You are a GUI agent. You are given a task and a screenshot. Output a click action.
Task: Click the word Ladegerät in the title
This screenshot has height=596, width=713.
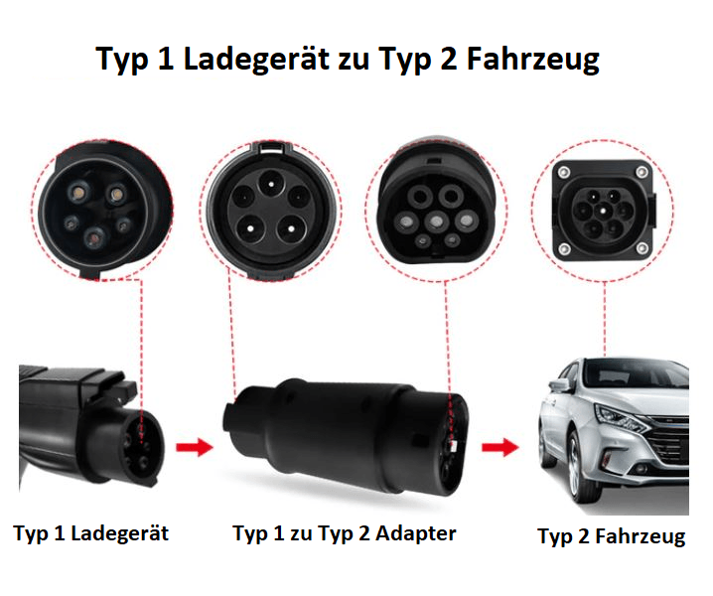(256, 60)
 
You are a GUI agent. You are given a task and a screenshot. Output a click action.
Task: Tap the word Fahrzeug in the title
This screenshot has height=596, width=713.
(533, 60)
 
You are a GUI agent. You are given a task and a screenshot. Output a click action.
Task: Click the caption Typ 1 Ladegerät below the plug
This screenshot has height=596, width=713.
(91, 534)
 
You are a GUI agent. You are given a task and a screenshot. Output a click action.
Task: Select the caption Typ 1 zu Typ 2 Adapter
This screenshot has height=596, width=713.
(345, 534)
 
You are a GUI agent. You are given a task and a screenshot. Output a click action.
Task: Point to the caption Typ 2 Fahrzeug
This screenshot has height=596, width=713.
(612, 536)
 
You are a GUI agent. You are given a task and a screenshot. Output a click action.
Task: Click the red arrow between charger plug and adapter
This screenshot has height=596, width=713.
(195, 446)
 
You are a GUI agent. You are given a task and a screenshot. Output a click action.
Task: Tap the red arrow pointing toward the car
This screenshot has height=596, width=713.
(500, 446)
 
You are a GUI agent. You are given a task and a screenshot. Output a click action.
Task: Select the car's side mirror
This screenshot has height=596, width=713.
(559, 384)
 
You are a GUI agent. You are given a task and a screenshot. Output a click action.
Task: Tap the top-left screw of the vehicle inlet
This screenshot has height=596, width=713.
(564, 172)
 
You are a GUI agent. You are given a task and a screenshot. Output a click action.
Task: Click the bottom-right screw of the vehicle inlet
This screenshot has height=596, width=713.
(642, 248)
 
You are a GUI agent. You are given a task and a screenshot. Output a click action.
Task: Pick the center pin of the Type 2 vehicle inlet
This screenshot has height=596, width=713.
(603, 211)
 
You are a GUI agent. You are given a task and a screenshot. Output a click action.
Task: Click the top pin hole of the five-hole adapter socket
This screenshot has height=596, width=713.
(271, 184)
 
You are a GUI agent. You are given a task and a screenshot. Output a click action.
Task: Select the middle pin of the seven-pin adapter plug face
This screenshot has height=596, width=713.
(437, 222)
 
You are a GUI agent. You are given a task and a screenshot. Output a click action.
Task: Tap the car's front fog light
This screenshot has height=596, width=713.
(641, 470)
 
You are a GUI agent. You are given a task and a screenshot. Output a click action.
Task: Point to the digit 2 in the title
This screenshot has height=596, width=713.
(449, 59)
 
